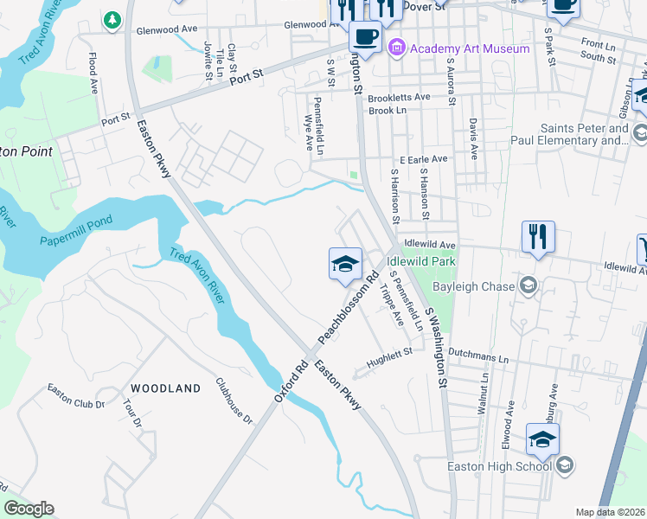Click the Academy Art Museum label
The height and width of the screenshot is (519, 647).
pyautogui.click(x=470, y=48)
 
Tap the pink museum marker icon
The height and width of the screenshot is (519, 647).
pyautogui.click(x=397, y=47)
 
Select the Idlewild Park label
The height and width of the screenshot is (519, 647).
pyautogui.click(x=421, y=260)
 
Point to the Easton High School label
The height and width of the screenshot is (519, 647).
pyautogui.click(x=499, y=467)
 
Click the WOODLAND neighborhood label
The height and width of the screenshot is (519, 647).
pyautogui.click(x=165, y=388)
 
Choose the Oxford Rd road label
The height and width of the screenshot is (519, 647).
pyautogui.click(x=291, y=380)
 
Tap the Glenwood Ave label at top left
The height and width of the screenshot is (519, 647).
pyautogui.click(x=166, y=29)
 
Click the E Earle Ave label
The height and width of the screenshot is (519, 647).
pyautogui.click(x=423, y=159)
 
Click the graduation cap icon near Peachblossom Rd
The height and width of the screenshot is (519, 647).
pyautogui.click(x=344, y=264)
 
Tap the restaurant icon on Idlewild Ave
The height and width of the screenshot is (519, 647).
pyautogui.click(x=538, y=235)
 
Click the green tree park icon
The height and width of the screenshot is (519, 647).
pyautogui.click(x=112, y=19)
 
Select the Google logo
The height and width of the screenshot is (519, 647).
pyautogui.click(x=29, y=509)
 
